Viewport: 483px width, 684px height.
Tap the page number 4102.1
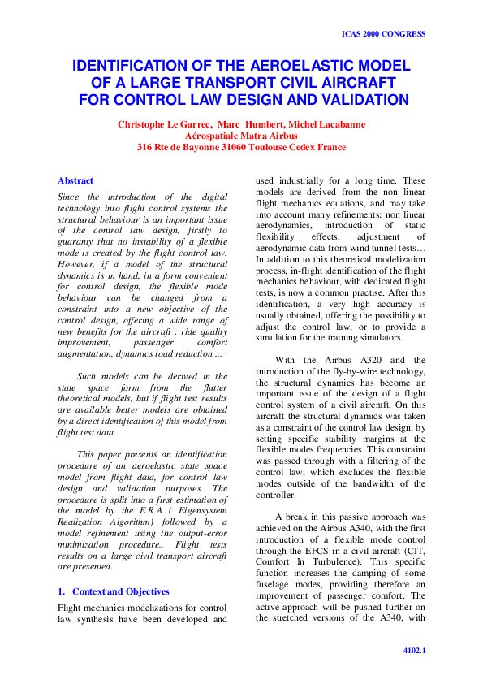[414, 651]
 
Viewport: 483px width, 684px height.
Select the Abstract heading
[75, 180]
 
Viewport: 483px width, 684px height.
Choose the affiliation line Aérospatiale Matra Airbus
[241, 136]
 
